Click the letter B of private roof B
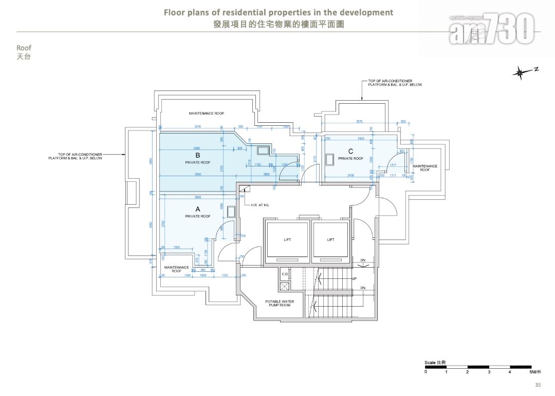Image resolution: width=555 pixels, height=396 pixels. (x=197, y=155)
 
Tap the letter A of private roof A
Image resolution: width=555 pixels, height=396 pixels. (x=197, y=209)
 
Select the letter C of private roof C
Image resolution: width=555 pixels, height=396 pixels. (x=350, y=151)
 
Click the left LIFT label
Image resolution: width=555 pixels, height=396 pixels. (x=287, y=239)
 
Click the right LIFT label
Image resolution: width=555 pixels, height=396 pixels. (x=330, y=239)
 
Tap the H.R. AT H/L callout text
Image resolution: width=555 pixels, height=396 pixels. (x=260, y=204)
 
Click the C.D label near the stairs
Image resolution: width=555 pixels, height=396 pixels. (x=285, y=274)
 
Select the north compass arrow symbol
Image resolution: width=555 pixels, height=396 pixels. (x=521, y=73)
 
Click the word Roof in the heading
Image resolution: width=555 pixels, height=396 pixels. (x=24, y=48)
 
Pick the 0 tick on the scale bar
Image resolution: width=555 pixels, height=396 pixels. (x=425, y=371)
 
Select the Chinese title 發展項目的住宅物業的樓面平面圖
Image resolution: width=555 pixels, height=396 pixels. (x=279, y=24)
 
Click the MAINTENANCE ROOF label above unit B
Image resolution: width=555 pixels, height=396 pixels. (x=206, y=113)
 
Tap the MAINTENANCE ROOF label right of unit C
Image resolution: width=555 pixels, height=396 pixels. (x=425, y=167)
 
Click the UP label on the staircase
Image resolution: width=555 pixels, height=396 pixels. (x=354, y=278)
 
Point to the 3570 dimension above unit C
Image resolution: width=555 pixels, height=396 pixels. (x=359, y=122)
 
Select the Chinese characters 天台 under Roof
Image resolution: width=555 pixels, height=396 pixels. (x=24, y=56)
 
